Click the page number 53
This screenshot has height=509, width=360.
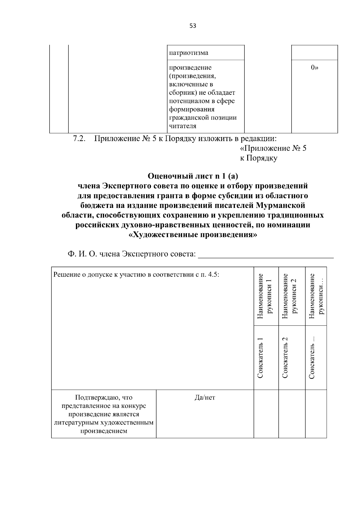(x=193, y=26)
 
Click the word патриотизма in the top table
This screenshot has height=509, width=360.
(x=188, y=53)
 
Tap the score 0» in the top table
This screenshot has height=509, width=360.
(x=314, y=68)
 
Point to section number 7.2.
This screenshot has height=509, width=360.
(x=79, y=139)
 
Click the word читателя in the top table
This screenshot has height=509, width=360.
(x=182, y=126)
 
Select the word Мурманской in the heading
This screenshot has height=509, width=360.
(x=280, y=206)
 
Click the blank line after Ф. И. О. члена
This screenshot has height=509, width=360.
(x=266, y=255)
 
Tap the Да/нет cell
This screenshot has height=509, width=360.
(x=205, y=398)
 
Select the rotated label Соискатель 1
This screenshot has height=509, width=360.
(x=260, y=358)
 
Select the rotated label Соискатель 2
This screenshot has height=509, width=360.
(x=285, y=358)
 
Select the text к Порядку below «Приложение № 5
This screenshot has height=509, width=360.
(x=258, y=158)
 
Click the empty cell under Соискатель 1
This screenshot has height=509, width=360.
(x=266, y=414)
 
